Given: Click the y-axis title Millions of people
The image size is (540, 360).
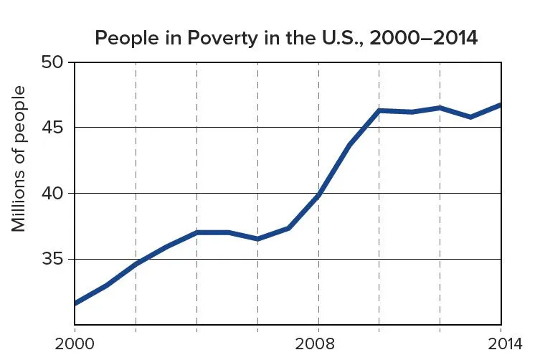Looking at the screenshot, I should coord(19,158).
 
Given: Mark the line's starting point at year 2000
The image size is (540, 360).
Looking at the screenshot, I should coord(75,303).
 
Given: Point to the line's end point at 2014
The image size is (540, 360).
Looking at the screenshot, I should coord(501,105).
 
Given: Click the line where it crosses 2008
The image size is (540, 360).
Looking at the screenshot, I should coord(318,195).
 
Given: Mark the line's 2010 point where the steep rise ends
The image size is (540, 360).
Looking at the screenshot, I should coord(379,110).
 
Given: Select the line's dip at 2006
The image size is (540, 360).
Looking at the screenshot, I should coord(257,239).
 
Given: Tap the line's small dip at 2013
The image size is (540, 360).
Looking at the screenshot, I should coord(470,117).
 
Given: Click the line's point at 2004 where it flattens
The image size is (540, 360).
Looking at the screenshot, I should coord(196,232).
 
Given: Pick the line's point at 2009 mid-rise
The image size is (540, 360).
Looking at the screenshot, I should coord(349,146).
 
